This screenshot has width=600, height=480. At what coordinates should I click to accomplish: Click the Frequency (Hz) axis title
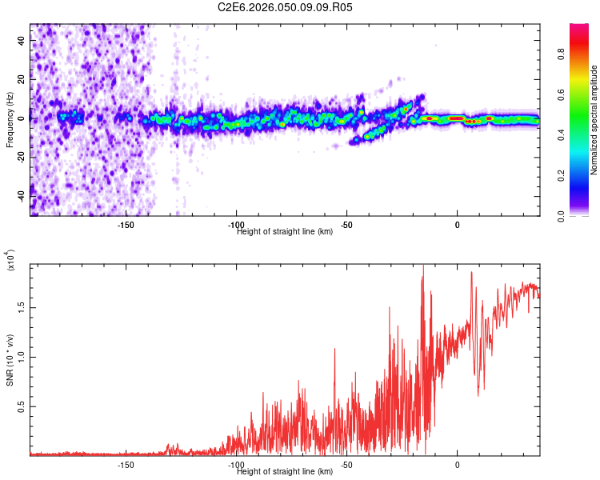pyautogui.click(x=10, y=120)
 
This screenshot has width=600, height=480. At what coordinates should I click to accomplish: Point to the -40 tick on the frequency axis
pyautogui.click(x=22, y=194)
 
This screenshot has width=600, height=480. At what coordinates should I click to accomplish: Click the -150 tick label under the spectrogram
pyautogui.click(x=125, y=225)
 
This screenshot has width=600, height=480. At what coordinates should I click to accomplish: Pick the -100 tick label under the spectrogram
pyautogui.click(x=236, y=225)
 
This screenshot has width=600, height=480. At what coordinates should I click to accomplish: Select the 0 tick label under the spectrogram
pyautogui.click(x=457, y=225)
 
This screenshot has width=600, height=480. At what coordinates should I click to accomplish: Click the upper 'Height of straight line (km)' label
pyautogui.click(x=285, y=232)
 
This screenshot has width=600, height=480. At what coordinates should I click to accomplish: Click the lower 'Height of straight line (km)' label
pyautogui.click(x=285, y=472)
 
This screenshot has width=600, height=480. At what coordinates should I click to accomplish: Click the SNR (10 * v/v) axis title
pyautogui.click(x=10, y=359)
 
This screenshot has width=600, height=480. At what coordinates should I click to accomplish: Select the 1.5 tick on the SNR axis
pyautogui.click(x=22, y=306)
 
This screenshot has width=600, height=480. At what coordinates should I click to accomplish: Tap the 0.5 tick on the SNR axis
pyautogui.click(x=22, y=406)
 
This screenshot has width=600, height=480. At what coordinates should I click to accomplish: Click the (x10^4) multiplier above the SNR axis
pyautogui.click(x=11, y=261)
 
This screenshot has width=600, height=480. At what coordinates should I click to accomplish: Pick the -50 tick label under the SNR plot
pyautogui.click(x=346, y=465)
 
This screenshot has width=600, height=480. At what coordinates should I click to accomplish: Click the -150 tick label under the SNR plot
pyautogui.click(x=125, y=465)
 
